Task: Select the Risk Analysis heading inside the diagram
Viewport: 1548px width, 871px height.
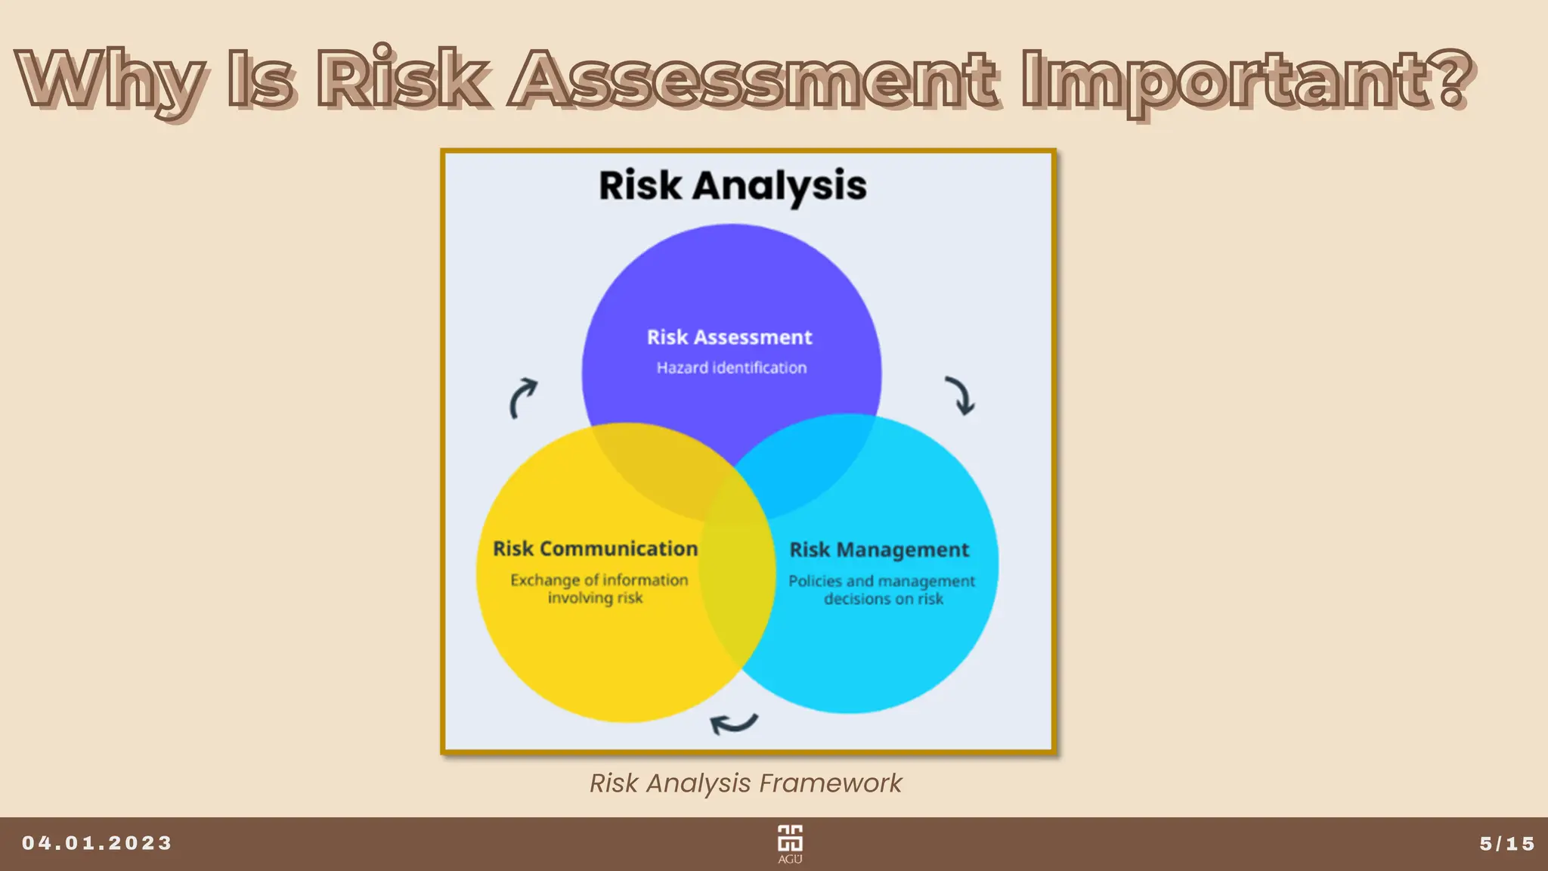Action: [x=732, y=186]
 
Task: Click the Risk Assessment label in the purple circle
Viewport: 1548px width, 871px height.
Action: [x=729, y=337]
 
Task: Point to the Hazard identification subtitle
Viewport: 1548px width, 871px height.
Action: [x=731, y=368]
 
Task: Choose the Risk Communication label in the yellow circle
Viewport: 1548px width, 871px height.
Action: [x=595, y=549]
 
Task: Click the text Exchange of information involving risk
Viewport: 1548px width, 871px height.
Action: [x=598, y=589]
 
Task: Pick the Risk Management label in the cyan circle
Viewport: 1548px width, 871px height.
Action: [x=879, y=550]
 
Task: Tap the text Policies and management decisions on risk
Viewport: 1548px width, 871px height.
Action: [x=882, y=590]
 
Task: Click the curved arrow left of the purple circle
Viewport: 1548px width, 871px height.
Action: [x=522, y=398]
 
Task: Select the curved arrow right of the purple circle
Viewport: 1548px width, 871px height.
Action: [x=961, y=395]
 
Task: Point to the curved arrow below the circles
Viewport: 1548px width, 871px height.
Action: [x=733, y=724]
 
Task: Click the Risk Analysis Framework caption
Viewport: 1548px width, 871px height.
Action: [x=745, y=783]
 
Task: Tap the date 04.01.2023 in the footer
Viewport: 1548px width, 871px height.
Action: [x=97, y=843]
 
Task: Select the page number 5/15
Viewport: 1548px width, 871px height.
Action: [x=1507, y=844]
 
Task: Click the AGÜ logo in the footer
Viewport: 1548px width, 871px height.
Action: [x=790, y=843]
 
